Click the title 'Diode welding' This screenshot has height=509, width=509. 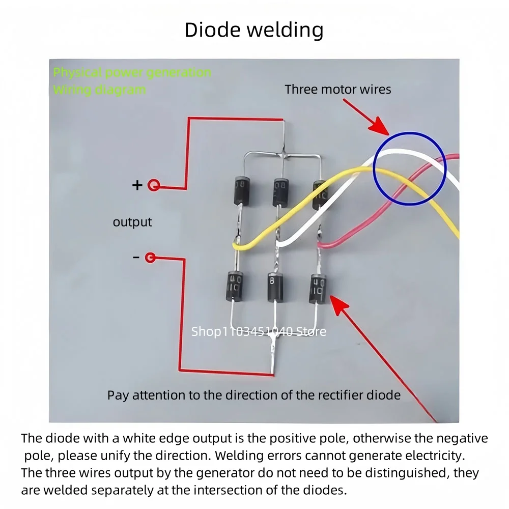[254, 30]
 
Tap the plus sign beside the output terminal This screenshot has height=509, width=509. [137, 185]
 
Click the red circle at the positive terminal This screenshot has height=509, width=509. [153, 186]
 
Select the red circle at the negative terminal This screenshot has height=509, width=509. [150, 258]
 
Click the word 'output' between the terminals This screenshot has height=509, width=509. [132, 222]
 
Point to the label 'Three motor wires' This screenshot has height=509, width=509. [338, 90]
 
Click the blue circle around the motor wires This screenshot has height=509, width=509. [410, 168]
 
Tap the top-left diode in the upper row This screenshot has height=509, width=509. [241, 190]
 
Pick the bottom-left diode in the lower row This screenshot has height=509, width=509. [235, 286]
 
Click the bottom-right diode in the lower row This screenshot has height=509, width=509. [318, 288]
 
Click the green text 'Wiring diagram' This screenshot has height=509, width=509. [99, 90]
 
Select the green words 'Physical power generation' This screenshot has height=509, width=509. [132, 72]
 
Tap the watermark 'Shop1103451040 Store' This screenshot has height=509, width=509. [259, 332]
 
